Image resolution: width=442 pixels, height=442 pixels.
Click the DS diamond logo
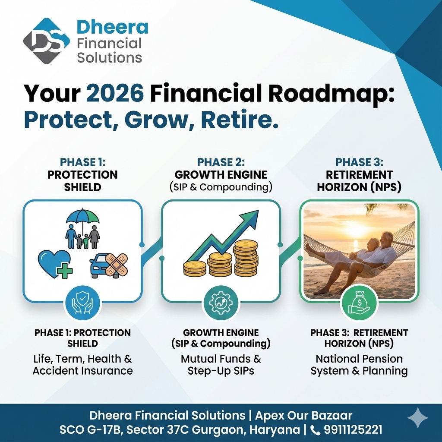point(47,41)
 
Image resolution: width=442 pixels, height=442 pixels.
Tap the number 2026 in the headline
point(115,93)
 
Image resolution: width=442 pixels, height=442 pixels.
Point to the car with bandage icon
point(109,265)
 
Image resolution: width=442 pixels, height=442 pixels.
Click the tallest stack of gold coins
point(246,258)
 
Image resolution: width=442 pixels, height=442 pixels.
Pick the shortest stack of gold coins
point(195,268)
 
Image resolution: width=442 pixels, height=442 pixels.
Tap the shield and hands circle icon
point(82,303)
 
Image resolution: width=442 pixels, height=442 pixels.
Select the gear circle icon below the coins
point(221,303)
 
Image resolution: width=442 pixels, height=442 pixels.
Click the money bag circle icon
point(359,303)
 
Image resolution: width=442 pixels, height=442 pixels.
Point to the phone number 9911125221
point(353,429)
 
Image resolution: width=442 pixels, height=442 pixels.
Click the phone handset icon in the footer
point(315,430)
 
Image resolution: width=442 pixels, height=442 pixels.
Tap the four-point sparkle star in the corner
point(418,418)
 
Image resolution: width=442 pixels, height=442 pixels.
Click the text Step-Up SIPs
point(221,371)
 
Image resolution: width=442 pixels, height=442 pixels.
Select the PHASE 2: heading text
point(221,162)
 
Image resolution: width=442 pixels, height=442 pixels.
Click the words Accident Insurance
point(82,371)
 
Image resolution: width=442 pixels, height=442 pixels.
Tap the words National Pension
point(359,359)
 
